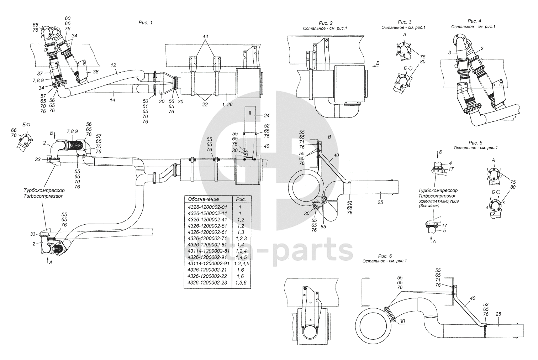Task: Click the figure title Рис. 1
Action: coord(145,22)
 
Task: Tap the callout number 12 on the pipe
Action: coord(114,65)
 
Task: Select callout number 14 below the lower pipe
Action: coord(113,93)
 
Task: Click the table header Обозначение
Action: coord(204,199)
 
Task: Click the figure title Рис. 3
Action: coord(404,22)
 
